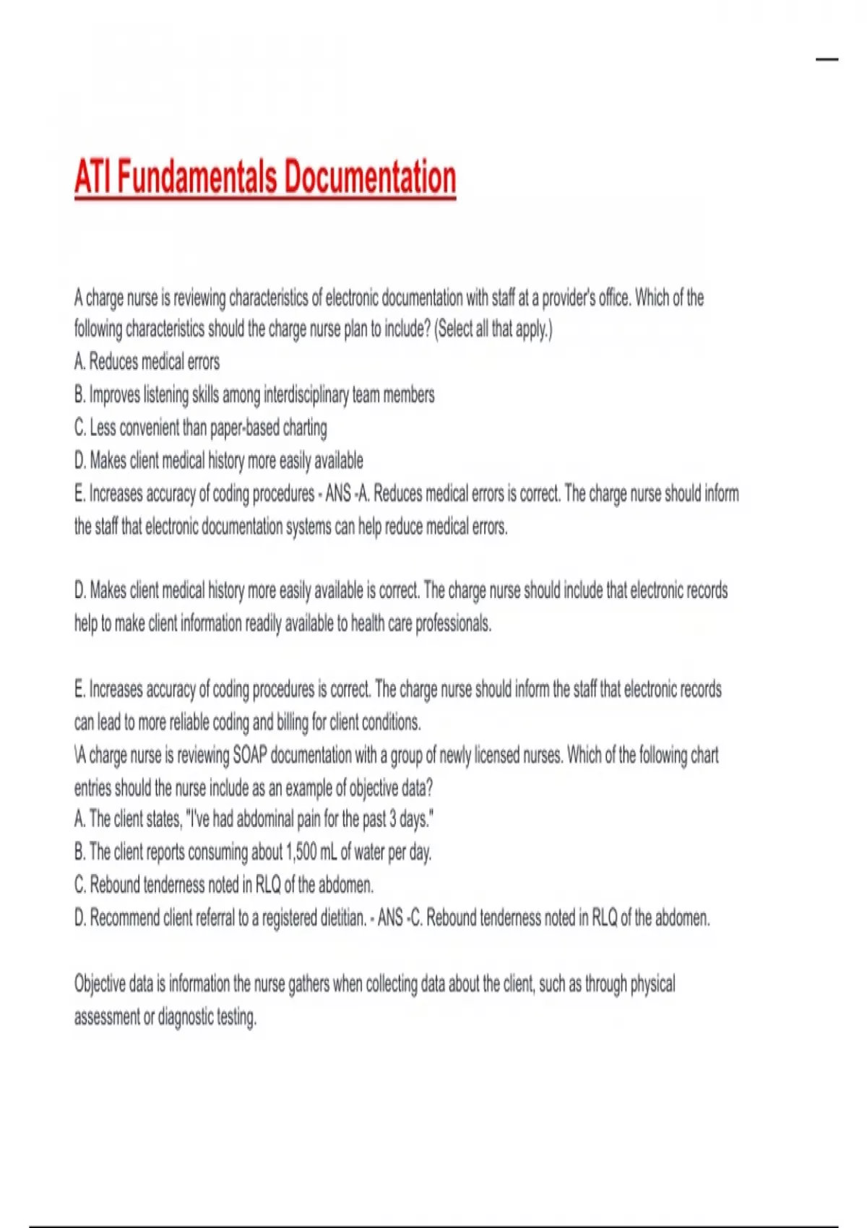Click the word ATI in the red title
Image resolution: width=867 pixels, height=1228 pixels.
tap(92, 178)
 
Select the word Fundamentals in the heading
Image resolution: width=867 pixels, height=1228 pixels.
tap(197, 178)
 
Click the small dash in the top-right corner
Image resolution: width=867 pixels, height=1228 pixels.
tap(827, 59)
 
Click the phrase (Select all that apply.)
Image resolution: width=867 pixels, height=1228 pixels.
tap(493, 329)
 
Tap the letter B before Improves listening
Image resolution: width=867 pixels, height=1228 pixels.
tap(79, 395)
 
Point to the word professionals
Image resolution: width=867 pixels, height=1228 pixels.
tap(453, 623)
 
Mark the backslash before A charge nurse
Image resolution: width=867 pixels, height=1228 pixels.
tap(76, 756)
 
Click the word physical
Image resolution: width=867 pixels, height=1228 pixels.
tap(652, 984)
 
